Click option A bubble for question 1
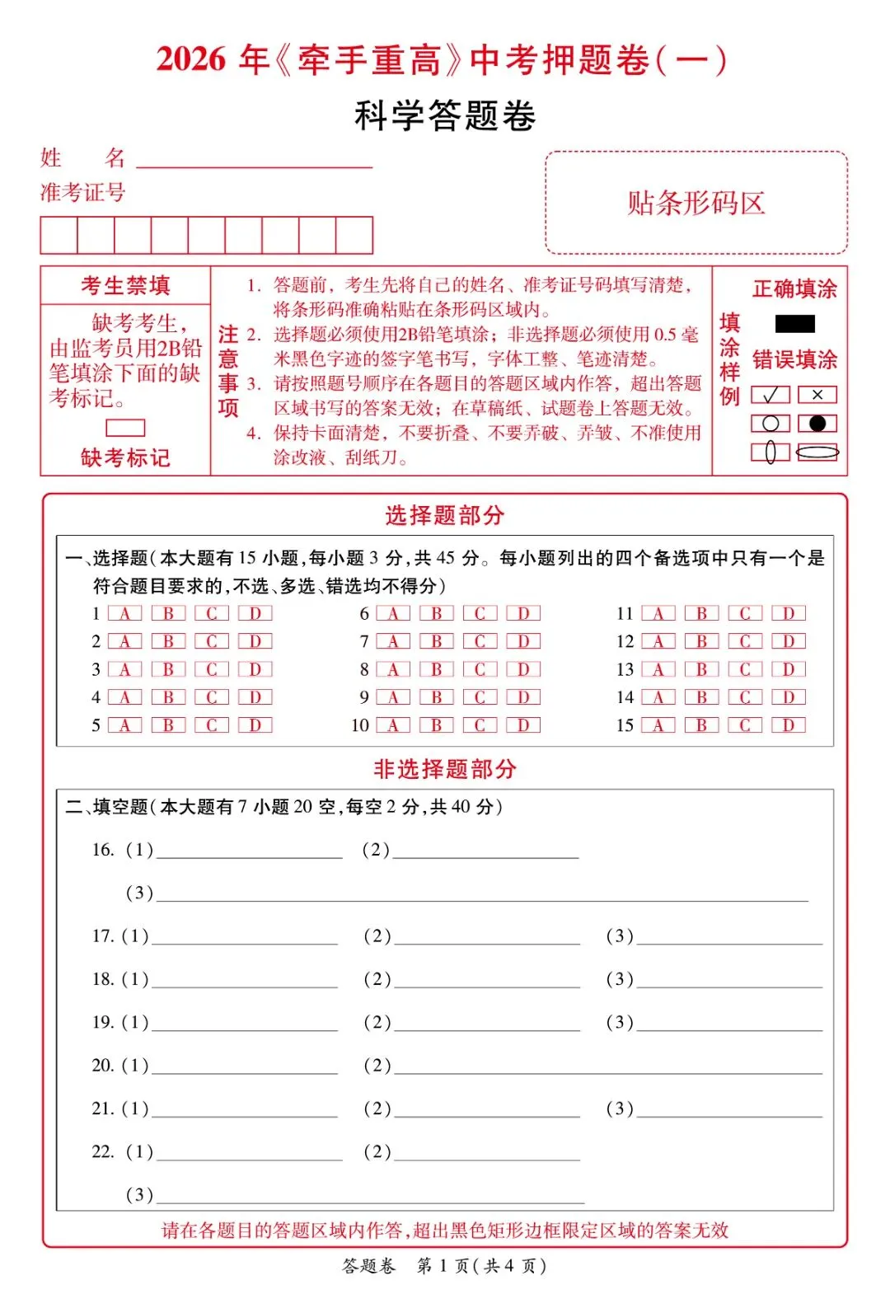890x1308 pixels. tap(124, 613)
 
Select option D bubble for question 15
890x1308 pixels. tap(789, 725)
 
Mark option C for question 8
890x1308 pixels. tap(480, 669)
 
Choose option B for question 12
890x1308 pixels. tap(701, 641)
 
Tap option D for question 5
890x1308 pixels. tap(255, 725)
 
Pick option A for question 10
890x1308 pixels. tap(393, 725)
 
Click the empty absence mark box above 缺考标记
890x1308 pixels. tap(125, 428)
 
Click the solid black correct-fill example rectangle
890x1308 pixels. tap(794, 324)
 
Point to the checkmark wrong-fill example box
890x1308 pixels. tap(771, 395)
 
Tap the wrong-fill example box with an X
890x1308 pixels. tap(817, 395)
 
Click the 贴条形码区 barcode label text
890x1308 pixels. tap(696, 203)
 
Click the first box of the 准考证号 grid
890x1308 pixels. tap(59, 235)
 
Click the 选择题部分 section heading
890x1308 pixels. tap(444, 516)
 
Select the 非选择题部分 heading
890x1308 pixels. tap(444, 769)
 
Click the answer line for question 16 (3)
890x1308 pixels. tap(482, 893)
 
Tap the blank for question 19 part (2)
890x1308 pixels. tap(487, 1023)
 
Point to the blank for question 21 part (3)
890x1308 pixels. tap(729, 1109)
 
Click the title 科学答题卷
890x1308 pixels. tap(445, 115)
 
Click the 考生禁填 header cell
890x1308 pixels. tap(125, 285)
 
